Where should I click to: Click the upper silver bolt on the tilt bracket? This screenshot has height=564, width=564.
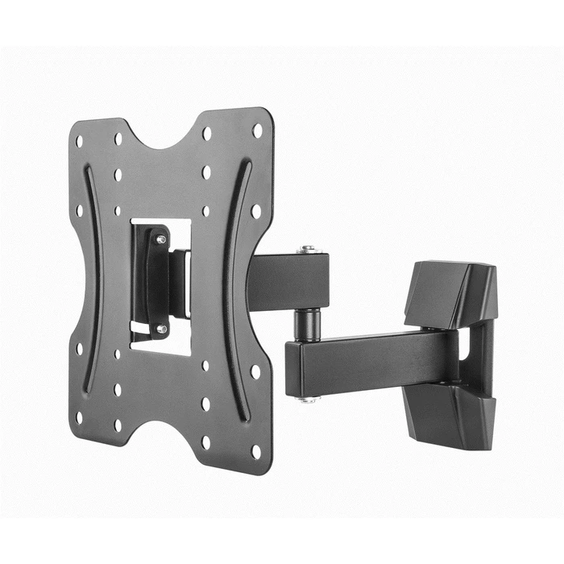161,239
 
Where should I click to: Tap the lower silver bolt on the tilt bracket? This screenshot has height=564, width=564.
161,329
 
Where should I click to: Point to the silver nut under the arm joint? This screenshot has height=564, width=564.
307,398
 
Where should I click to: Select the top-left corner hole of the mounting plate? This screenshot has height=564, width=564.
79,141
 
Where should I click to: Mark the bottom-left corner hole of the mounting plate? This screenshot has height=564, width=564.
79,417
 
